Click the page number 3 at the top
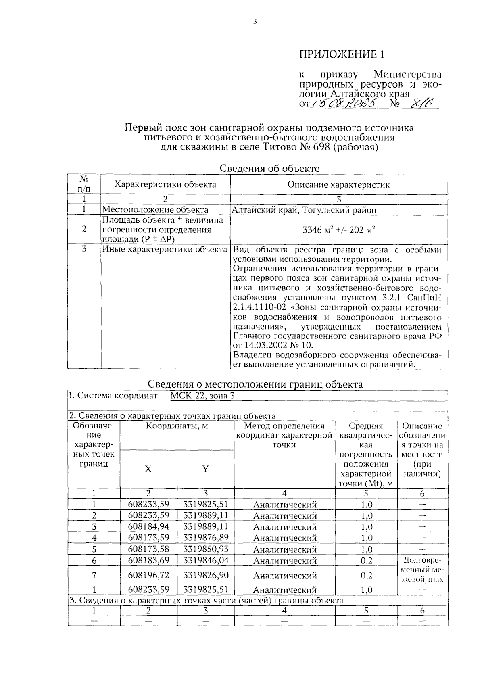(x=255, y=22)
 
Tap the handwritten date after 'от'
(x=346, y=104)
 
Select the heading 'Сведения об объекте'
(x=269, y=169)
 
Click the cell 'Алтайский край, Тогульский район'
(x=304, y=210)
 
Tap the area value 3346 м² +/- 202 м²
(x=339, y=230)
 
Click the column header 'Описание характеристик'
(x=339, y=185)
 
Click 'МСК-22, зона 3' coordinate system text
(x=202, y=396)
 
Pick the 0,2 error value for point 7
(x=366, y=576)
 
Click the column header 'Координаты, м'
(x=177, y=426)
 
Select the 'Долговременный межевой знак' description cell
(x=422, y=570)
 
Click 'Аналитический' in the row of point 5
(x=285, y=550)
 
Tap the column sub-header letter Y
(x=205, y=469)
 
